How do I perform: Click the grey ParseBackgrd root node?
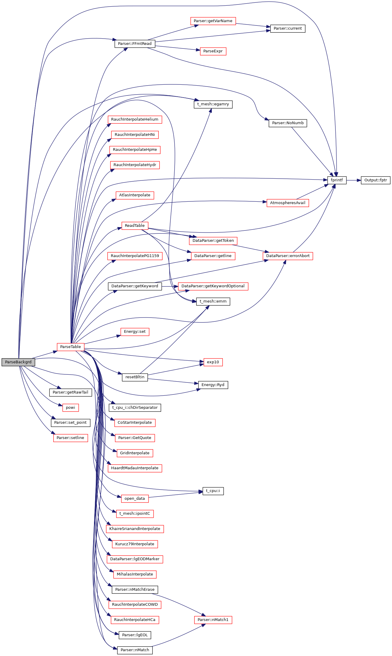(18, 362)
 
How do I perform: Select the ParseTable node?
(70, 347)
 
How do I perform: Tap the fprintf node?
(337, 180)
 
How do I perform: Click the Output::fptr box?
(376, 180)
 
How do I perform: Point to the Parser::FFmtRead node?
(135, 44)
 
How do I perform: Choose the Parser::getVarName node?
(213, 21)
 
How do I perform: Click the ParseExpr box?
(213, 51)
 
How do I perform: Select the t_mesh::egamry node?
(213, 104)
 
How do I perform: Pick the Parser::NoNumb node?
(288, 123)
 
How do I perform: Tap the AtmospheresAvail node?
(287, 203)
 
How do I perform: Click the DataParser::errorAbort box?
(288, 256)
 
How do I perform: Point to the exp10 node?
(213, 362)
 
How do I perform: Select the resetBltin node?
(135, 377)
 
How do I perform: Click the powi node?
(70, 407)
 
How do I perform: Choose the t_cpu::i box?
(213, 491)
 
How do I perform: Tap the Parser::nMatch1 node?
(213, 619)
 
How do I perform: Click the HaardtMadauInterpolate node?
(135, 468)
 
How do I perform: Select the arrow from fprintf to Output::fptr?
(354, 180)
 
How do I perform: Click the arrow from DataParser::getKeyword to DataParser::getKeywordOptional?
(170, 286)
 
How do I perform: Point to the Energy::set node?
(135, 332)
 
